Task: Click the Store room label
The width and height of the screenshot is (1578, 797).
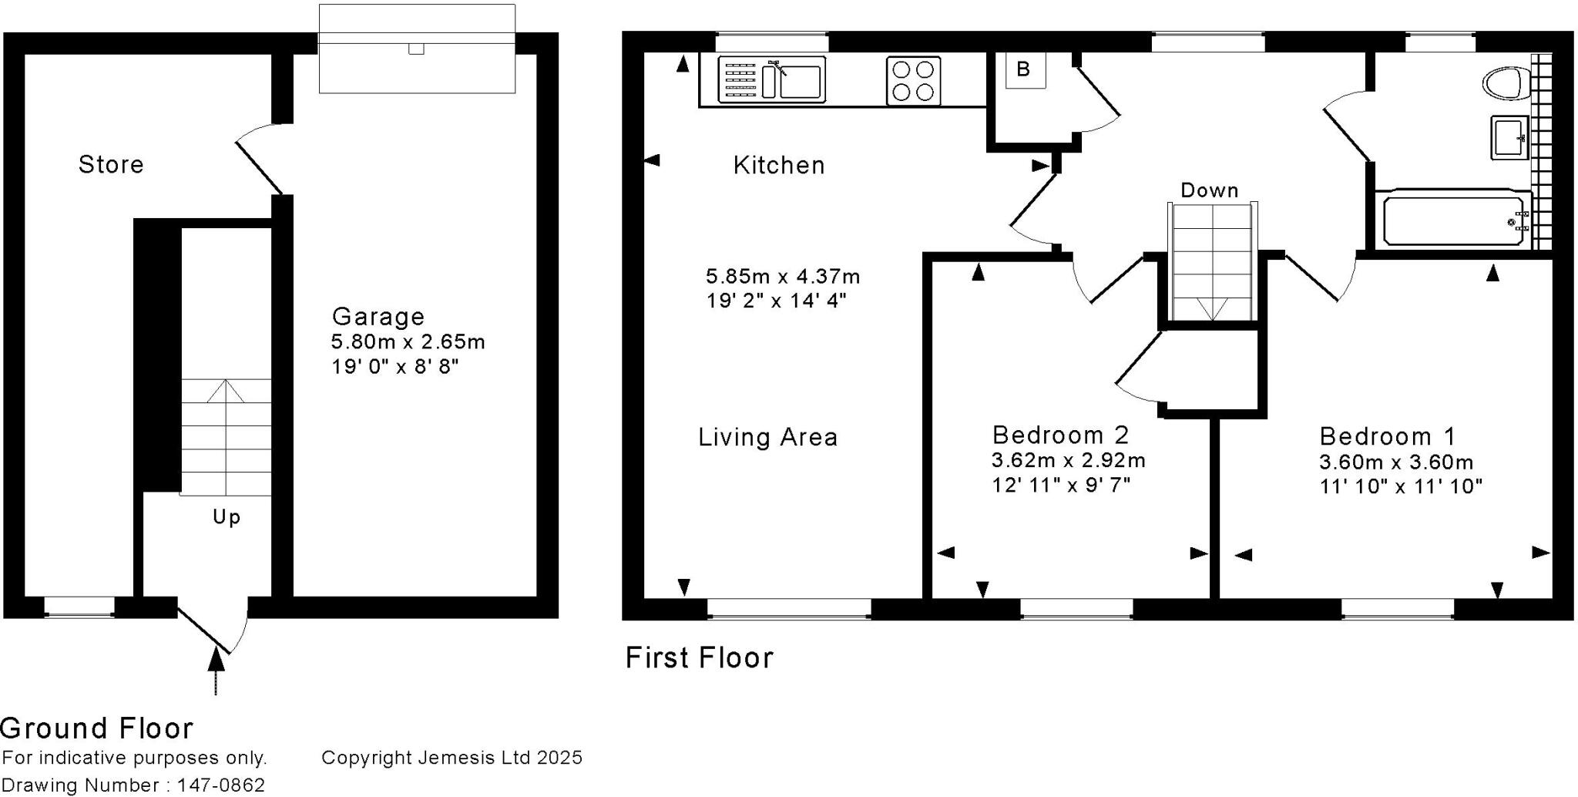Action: click(111, 164)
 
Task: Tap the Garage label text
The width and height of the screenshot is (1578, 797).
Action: click(378, 316)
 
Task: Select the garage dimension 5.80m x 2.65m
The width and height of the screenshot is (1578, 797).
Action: click(408, 341)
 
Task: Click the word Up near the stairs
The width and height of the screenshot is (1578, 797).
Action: click(227, 516)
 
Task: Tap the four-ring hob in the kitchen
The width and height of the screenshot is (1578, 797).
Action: click(913, 81)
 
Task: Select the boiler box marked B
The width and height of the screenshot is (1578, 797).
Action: click(1024, 70)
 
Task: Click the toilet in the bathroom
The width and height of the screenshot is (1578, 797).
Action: click(1506, 82)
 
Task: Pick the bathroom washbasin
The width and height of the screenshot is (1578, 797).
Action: click(1509, 138)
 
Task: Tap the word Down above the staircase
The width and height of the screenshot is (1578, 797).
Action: click(1209, 190)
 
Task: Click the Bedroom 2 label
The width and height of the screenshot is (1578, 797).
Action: click(1060, 435)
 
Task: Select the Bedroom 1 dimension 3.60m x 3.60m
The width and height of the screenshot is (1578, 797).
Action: click(1395, 462)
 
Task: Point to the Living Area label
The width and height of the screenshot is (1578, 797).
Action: click(767, 437)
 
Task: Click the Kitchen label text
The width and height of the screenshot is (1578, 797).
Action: click(778, 165)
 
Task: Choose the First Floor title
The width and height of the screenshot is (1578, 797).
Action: click(699, 657)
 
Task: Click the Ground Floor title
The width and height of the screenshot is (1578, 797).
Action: click(97, 728)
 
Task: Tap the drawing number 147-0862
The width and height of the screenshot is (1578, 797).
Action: click(221, 785)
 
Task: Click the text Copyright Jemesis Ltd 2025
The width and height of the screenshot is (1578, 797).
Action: click(452, 758)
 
